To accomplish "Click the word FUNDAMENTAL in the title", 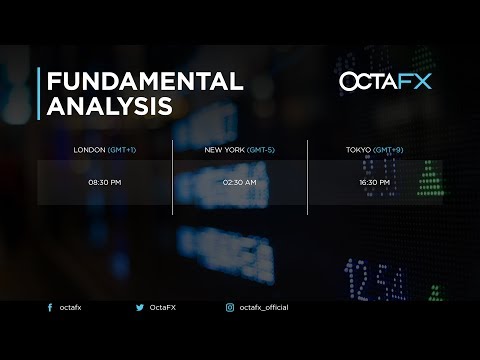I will point(145,81).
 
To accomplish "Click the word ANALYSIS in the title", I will point(109,106).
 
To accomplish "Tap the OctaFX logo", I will point(385,81).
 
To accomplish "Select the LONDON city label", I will point(89,150).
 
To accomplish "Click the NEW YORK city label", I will point(225,150).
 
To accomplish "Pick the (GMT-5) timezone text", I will point(262,150).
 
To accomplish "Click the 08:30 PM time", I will point(104,183).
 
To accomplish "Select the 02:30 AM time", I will point(240,183).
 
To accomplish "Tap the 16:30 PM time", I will point(375,183).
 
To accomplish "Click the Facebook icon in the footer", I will point(50,308).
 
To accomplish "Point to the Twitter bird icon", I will point(139,308).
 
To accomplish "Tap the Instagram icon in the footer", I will point(229,308).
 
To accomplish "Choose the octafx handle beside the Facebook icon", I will point(70,308).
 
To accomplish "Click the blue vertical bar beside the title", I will point(39,93).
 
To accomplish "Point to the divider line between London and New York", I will point(173,177).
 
